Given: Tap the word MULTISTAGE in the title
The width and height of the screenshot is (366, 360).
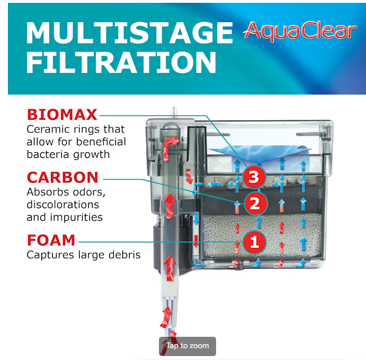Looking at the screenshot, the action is pyautogui.click(x=130, y=33).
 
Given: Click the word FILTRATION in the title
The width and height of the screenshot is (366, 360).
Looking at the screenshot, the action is pyautogui.click(x=122, y=62).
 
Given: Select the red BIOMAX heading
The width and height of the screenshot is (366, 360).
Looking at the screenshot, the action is pyautogui.click(x=62, y=114).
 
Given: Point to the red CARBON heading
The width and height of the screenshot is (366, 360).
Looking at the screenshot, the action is pyautogui.click(x=63, y=177).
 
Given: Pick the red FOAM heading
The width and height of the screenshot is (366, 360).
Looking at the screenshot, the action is pyautogui.click(x=51, y=240).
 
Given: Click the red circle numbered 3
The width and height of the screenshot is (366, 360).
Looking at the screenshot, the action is pyautogui.click(x=254, y=177).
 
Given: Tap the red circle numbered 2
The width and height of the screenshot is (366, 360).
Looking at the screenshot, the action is pyautogui.click(x=255, y=203).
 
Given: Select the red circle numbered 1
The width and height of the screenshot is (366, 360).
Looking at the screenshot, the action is pyautogui.click(x=254, y=242).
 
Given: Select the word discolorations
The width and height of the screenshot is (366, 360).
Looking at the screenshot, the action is pyautogui.click(x=63, y=205).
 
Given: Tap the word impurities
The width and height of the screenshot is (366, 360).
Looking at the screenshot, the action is pyautogui.click(x=76, y=217).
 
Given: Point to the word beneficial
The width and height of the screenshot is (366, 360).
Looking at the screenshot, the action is pyautogui.click(x=101, y=142).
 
